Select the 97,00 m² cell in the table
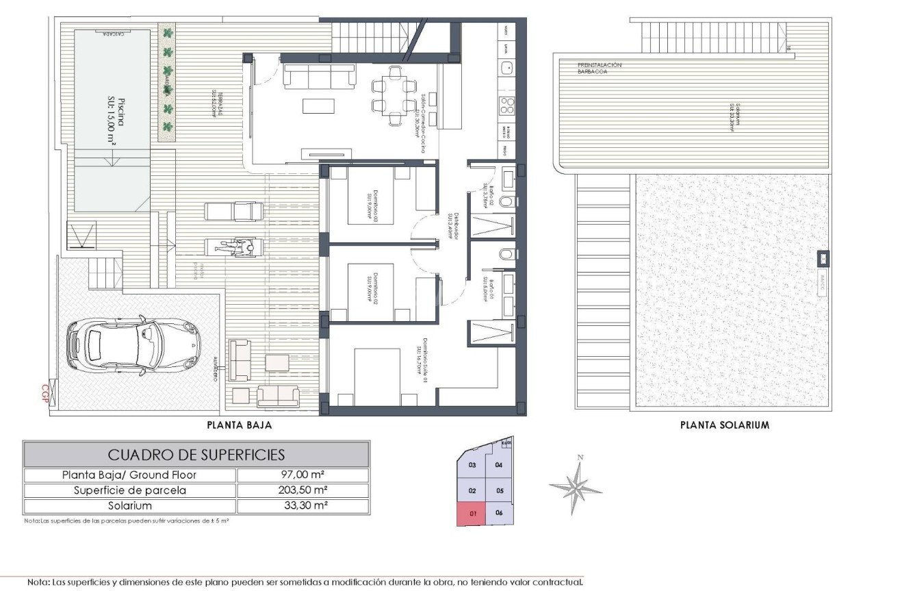pos(303,475)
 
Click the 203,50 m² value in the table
pos(303,490)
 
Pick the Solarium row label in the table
pos(130,506)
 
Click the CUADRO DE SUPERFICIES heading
pos(196,455)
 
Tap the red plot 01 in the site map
pos(472,513)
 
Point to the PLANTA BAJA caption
pos(240,425)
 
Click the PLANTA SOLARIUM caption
pos(725,425)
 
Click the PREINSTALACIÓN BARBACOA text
pos(599,68)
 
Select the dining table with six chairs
pos(394,95)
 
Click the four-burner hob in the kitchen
pos(508,107)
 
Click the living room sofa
pos(320,76)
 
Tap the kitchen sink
pos(507,68)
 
